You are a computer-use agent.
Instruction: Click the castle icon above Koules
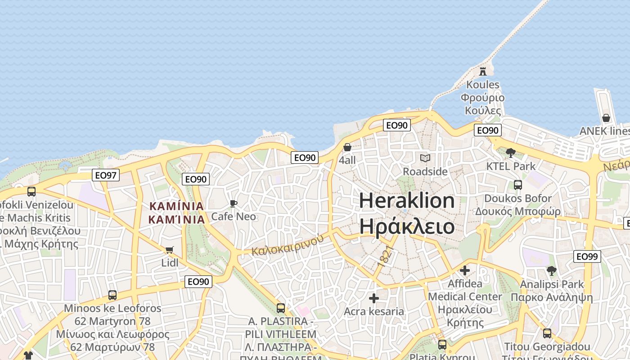[483, 71]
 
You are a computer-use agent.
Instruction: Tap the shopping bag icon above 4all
[347, 147]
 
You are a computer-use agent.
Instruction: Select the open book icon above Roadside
[425, 158]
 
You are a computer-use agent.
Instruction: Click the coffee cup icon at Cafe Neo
[233, 203]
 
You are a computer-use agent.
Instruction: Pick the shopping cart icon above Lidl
[170, 250]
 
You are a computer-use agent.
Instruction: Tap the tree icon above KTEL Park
[510, 153]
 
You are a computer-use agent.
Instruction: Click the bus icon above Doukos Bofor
[517, 184]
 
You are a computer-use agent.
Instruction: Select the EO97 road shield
[106, 175]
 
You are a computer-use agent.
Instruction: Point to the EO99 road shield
[587, 256]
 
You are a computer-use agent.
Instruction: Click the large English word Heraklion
[407, 200]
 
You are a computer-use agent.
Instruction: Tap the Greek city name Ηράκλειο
[407, 226]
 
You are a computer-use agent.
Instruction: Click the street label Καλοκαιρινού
[288, 245]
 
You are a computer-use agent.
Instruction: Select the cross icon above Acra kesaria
[373, 298]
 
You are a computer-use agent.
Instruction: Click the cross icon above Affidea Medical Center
[465, 270]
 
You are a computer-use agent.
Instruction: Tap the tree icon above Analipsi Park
[551, 270]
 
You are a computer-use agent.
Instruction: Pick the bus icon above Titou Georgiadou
[547, 333]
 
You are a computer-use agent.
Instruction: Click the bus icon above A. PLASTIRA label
[280, 308]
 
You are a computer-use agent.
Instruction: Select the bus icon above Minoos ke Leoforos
[112, 295]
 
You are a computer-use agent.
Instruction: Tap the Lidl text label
[170, 263]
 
